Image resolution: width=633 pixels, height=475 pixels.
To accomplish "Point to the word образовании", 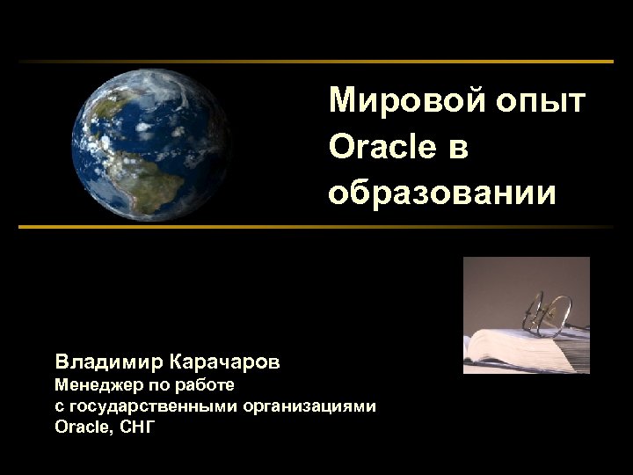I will coord(442,192).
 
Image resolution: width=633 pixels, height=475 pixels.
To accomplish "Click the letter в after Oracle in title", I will coord(458,148).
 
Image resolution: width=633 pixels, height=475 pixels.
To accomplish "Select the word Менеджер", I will coord(96,385).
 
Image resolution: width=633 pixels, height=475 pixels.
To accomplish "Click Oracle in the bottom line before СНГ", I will coord(83,427).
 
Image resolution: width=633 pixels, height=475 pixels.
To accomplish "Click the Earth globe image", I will coord(150,145).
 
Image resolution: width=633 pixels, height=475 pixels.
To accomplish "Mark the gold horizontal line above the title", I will coord(316,62).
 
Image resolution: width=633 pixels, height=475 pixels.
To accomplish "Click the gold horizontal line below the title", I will coord(316,227).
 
